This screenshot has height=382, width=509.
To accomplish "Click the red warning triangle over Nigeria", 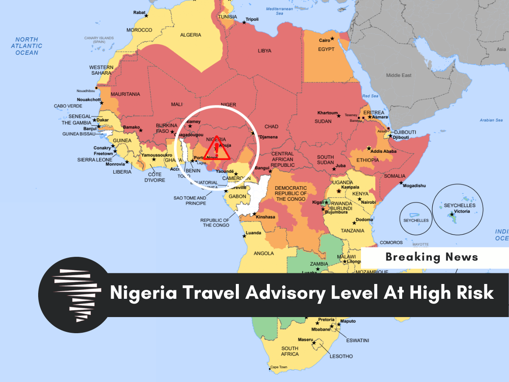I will pyautogui.click(x=216, y=149).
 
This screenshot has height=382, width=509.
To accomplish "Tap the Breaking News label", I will pyautogui.click(x=432, y=257).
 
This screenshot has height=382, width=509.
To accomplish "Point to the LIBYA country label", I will pyautogui.click(x=264, y=51).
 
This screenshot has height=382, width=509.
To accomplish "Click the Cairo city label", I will pyautogui.click(x=324, y=40).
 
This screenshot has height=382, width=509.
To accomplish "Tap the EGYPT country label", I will pyautogui.click(x=326, y=49).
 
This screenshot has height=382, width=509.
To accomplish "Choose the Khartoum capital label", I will pyautogui.click(x=327, y=113).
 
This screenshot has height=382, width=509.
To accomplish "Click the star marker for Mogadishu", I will pyautogui.click(x=401, y=183).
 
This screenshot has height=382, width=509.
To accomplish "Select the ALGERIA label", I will pyautogui.click(x=190, y=35).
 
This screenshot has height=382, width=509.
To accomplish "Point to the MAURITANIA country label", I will pyautogui.click(x=125, y=94).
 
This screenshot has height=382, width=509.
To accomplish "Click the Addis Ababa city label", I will pyautogui.click(x=383, y=152).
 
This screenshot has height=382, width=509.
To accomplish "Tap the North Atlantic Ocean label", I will pyautogui.click(x=27, y=46).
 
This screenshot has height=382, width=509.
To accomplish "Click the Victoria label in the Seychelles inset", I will pyautogui.click(x=462, y=211).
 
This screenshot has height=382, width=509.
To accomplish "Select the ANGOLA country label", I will pyautogui.click(x=264, y=253).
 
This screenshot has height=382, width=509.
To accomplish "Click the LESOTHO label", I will pyautogui.click(x=341, y=356).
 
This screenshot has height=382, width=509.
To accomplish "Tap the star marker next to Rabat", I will pyautogui.click(x=146, y=16).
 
